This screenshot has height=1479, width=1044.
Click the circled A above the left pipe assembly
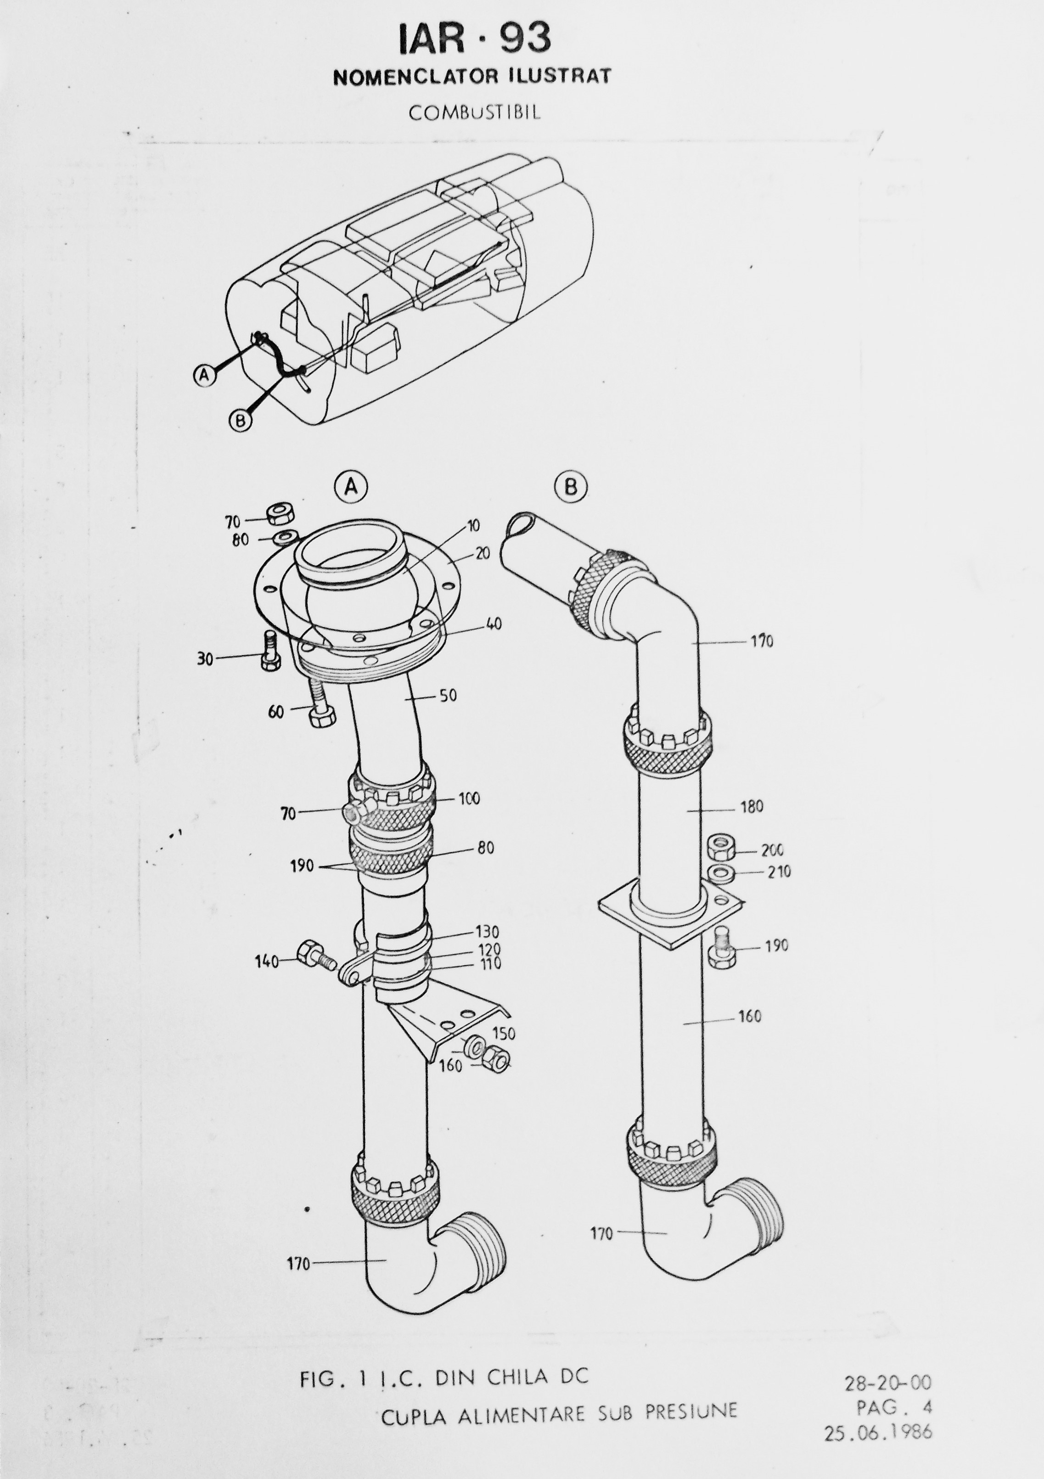351,488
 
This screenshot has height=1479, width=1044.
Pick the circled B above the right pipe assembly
571,488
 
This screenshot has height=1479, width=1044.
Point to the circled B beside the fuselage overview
240,421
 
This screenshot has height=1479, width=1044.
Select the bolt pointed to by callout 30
270,651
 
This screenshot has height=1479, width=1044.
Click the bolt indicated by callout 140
315,955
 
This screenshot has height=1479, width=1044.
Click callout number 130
488,932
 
